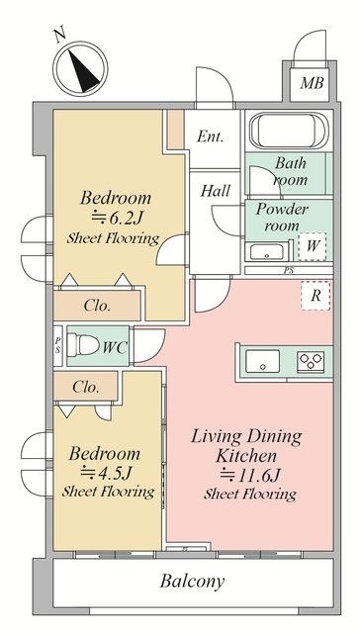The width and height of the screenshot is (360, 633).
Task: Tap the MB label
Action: tap(312, 83)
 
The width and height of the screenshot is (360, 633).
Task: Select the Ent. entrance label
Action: tap(210, 136)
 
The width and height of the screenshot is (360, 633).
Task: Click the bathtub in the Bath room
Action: tap(289, 130)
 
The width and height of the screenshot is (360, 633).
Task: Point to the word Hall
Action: tap(216, 190)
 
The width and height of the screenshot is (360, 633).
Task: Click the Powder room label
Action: tap(282, 217)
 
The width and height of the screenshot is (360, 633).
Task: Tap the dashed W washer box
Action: tap(312, 246)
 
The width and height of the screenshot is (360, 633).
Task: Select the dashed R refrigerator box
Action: tap(315, 296)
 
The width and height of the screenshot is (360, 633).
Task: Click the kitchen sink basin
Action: tap(263, 361)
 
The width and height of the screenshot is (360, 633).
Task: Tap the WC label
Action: tap(115, 347)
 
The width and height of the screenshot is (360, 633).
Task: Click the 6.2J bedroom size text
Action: tap(117, 219)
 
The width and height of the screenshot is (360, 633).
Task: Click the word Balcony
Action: tap(193, 582)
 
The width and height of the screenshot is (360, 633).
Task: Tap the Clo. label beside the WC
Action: tap(86, 387)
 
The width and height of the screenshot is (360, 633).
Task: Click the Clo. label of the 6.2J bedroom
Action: tap(97, 306)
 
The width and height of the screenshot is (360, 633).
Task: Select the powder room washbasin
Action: tap(266, 252)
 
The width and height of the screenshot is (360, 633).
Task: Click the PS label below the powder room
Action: tap(289, 271)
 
